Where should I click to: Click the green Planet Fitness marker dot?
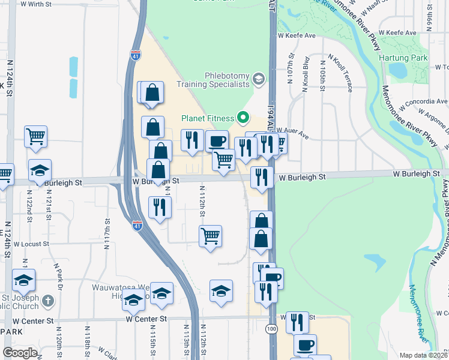tap(244, 116)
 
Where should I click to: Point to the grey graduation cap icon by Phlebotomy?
tap(258, 79)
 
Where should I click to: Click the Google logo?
tap(20, 352)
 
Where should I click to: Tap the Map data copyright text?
tap(424, 355)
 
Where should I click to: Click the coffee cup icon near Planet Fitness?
tap(217, 141)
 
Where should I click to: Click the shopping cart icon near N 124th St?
tap(36, 136)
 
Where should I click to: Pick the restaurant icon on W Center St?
tap(297, 322)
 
